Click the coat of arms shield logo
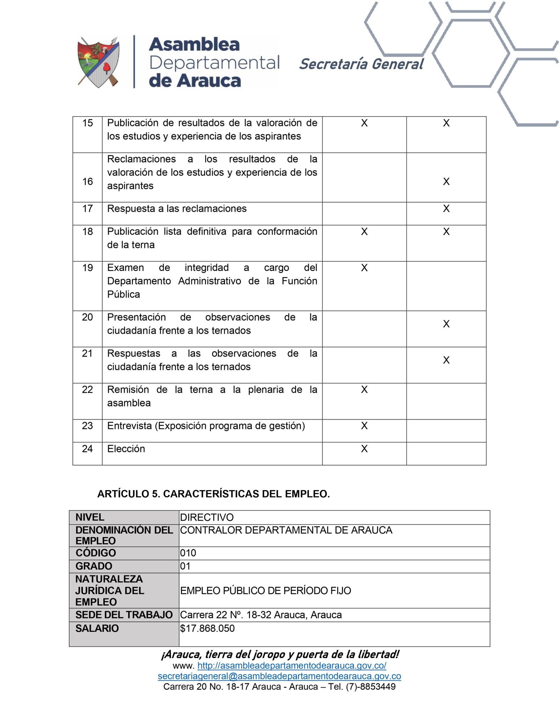(98, 62)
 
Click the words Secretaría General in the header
(361, 64)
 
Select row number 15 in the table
(87, 123)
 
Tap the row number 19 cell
(87, 268)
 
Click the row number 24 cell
(87, 449)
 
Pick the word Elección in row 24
(126, 449)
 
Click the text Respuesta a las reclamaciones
(177, 209)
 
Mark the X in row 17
(446, 209)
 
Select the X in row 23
(364, 426)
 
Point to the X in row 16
(446, 181)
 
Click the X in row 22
(364, 389)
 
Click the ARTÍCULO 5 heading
(213, 494)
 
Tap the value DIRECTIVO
(207, 517)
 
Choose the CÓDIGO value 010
(188, 553)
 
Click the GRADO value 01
(185, 566)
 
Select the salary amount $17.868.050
(208, 629)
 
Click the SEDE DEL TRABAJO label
(124, 615)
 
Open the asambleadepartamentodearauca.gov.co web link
(292, 666)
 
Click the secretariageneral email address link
(279, 676)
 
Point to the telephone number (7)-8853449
(371, 687)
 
